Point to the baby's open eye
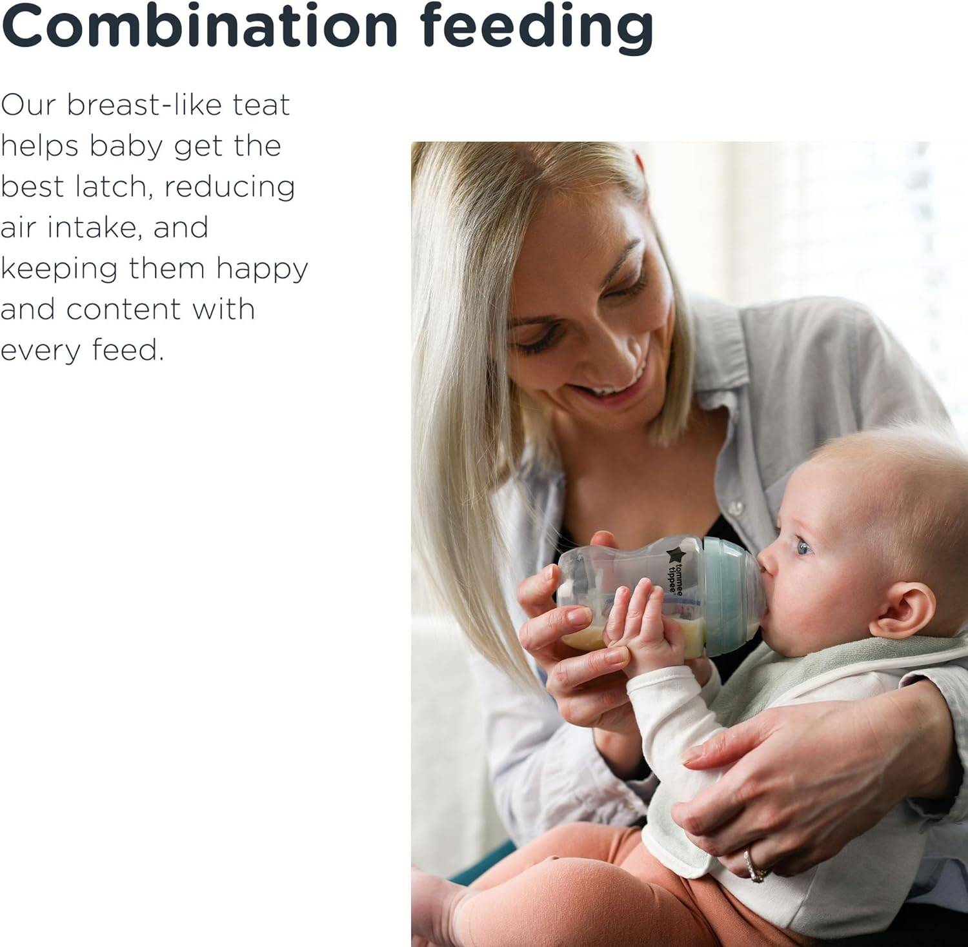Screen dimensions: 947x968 point(803,548)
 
